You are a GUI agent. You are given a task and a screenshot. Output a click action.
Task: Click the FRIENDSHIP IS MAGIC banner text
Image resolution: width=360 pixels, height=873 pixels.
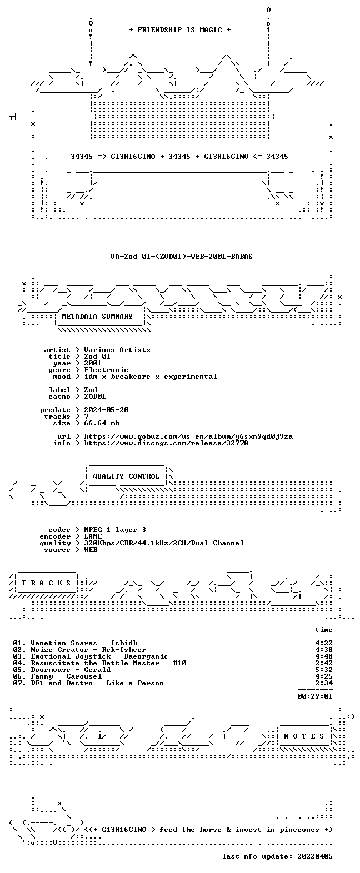180,29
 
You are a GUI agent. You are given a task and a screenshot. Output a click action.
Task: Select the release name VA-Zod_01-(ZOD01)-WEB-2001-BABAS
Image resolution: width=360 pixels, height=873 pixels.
181,257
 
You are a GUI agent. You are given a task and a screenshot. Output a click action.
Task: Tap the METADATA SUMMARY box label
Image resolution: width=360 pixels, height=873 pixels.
97,317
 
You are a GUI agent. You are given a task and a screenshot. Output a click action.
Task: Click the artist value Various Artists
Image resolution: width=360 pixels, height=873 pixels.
117,350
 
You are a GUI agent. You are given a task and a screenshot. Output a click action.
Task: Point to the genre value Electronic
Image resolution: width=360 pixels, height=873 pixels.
106,370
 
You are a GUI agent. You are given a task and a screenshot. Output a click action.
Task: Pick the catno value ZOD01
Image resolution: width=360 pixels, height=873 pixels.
95,397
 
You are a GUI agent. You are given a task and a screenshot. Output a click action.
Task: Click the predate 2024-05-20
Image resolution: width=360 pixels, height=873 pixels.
106,410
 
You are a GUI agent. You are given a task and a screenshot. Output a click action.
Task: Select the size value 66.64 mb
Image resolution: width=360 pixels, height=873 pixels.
102,423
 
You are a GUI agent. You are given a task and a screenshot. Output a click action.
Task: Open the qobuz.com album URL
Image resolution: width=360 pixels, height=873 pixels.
188,436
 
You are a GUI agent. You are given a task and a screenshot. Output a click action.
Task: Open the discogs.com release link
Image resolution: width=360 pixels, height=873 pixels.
166,443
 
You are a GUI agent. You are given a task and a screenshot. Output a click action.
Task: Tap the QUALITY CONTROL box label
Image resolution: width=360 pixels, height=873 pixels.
126,476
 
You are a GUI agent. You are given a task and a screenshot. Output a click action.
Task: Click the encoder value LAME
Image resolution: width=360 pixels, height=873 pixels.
93,536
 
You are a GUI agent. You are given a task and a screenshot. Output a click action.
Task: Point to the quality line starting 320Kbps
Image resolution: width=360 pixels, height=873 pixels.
164,543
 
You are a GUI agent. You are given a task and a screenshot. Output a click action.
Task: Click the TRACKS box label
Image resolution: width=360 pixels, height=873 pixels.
46,583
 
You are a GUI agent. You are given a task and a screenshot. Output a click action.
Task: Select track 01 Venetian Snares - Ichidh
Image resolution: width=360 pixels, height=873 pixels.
75,643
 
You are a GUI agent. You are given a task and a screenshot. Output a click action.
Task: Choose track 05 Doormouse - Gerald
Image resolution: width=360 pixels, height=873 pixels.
62,670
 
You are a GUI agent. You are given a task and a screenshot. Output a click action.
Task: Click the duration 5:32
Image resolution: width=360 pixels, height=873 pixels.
324,670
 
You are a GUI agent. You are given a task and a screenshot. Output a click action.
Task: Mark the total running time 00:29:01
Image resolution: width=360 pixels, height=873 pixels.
315,696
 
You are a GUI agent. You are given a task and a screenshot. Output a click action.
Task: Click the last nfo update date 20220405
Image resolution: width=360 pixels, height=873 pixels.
315,856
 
